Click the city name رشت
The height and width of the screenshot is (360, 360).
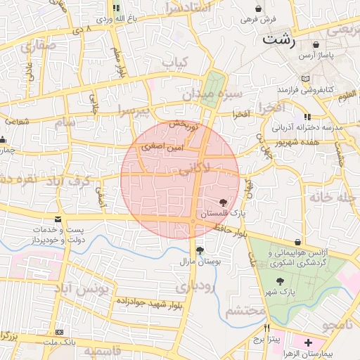point(278,39)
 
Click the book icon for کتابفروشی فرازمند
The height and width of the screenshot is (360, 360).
point(304,79)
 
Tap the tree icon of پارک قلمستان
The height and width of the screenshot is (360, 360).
point(224,202)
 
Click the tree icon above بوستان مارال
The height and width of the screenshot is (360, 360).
point(200,250)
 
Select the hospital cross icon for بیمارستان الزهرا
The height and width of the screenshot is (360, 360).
point(309,342)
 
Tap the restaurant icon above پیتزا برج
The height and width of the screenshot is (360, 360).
point(266,328)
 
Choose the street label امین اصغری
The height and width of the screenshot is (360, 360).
point(162,148)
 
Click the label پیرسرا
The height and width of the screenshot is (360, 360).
point(134,110)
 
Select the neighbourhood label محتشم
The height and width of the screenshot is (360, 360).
point(246,311)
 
